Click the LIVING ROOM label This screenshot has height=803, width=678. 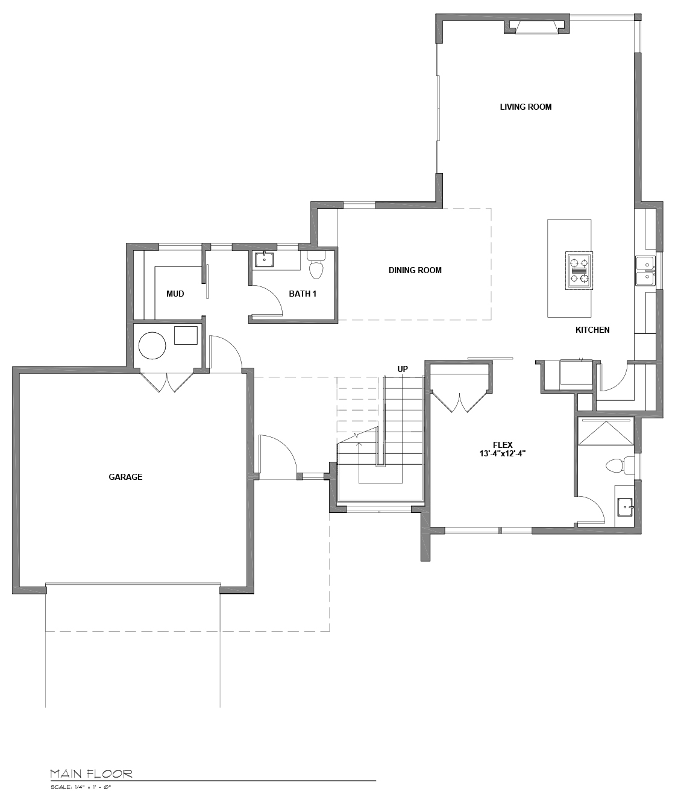point(526,107)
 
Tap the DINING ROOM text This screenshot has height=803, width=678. point(415,270)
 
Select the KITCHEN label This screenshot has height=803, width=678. point(592,330)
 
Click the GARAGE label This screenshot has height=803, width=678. point(125,477)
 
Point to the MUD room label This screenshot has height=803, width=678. point(175,294)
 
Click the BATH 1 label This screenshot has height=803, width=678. point(303,294)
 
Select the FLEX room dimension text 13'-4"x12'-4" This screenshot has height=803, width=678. point(503,453)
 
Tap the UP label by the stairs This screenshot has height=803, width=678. point(403,369)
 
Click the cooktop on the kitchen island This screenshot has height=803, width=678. point(579,271)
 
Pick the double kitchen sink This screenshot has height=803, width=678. point(645,271)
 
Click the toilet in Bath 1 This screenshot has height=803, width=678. point(316,265)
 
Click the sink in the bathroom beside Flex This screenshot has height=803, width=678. point(625,507)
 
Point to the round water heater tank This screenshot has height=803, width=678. point(152,346)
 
